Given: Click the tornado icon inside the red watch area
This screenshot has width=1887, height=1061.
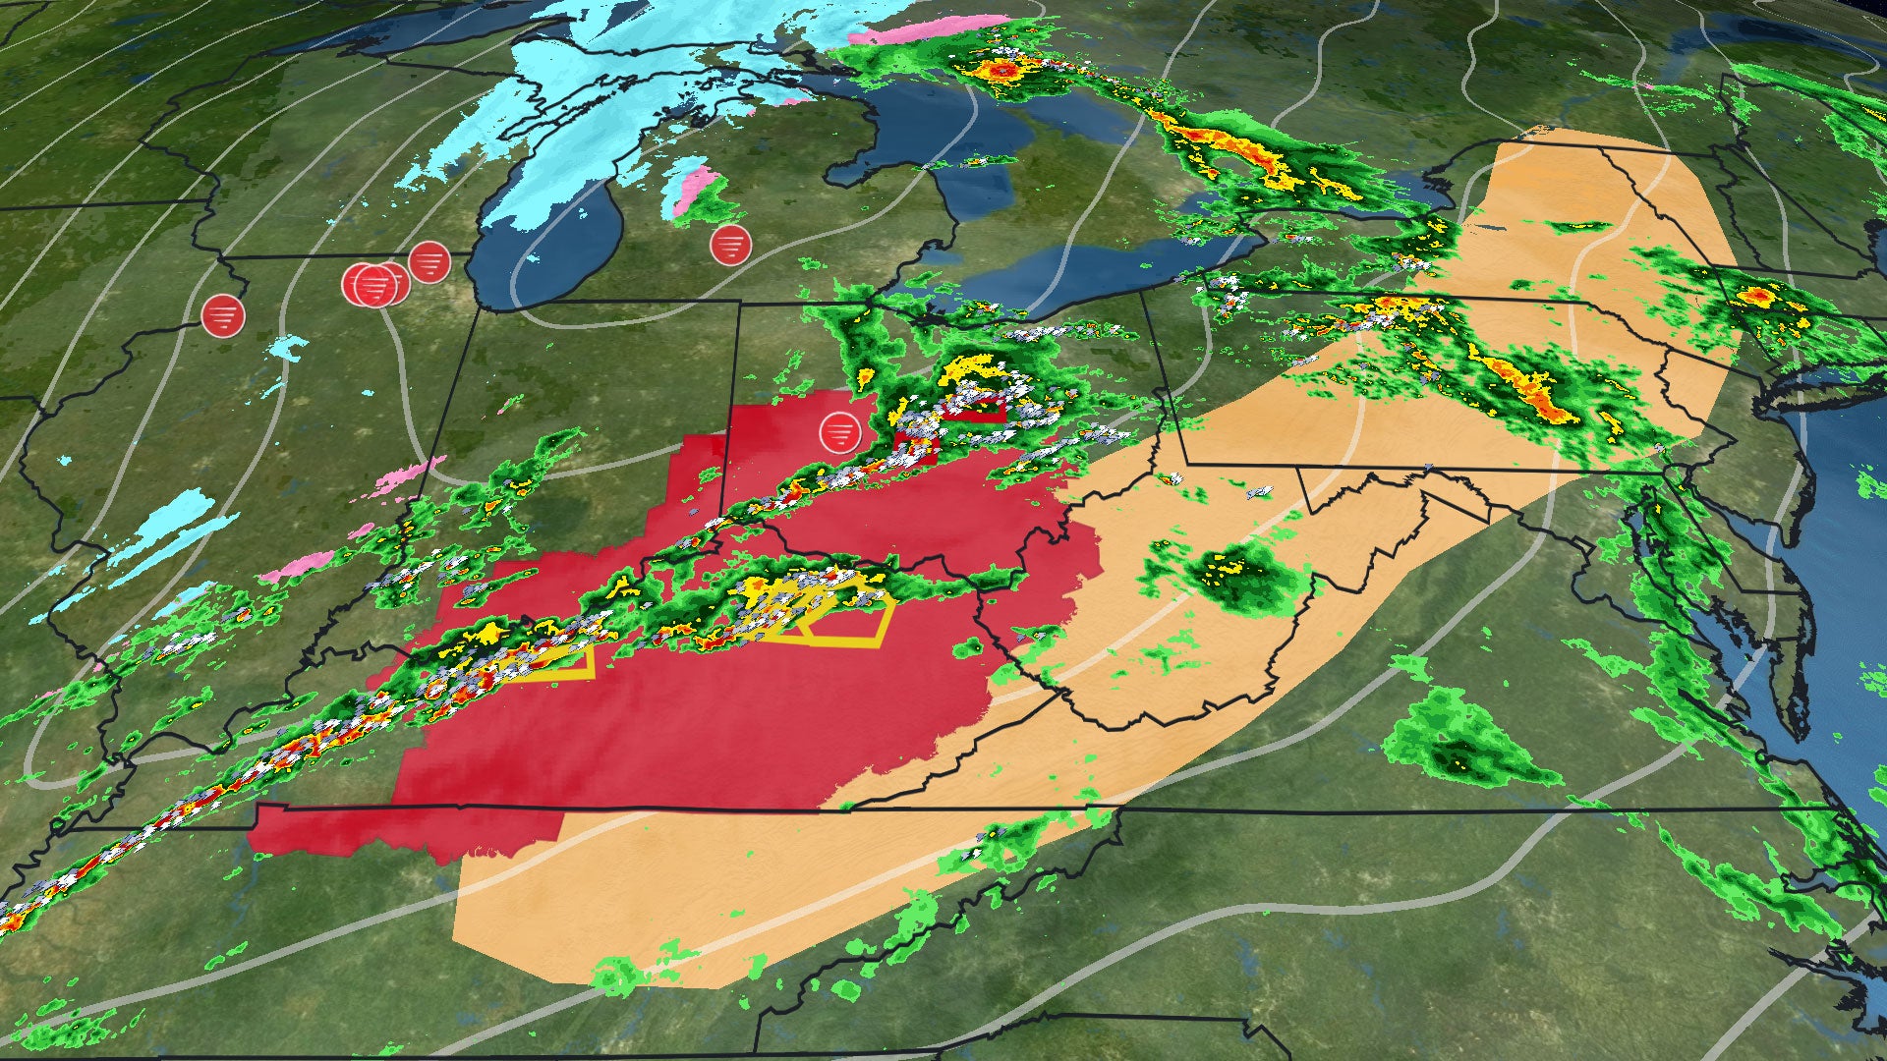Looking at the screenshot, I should [839, 432].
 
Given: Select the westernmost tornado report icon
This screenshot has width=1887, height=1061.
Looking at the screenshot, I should [223, 315].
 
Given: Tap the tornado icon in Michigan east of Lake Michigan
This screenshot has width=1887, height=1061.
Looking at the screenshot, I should [730, 245].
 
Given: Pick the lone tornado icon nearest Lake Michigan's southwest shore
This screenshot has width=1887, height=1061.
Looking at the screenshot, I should [429, 262].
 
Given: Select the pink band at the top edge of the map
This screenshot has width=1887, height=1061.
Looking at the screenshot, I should [934, 29].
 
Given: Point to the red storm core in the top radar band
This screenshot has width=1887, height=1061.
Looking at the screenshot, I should [1002, 71].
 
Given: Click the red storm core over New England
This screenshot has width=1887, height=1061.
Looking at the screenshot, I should [1758, 295].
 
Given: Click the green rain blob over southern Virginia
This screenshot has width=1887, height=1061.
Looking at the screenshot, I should [1455, 737].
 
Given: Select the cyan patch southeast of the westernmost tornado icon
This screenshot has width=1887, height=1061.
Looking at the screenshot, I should [289, 346].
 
